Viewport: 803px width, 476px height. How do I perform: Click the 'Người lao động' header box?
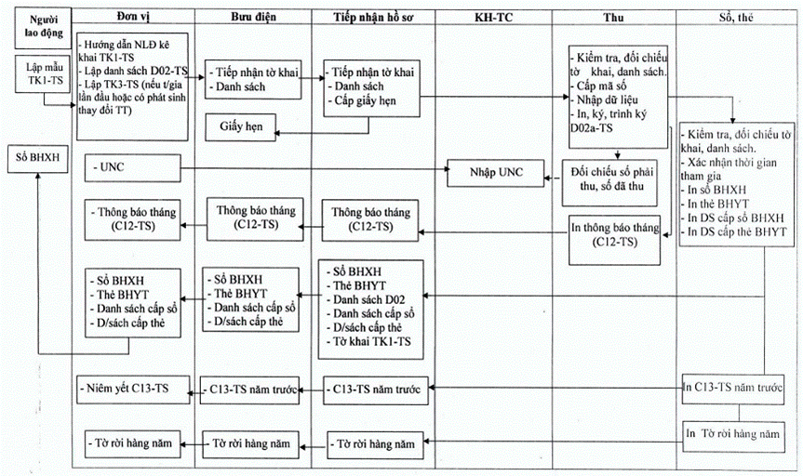tap(43, 28)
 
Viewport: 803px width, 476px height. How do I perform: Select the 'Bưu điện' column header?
tap(253, 17)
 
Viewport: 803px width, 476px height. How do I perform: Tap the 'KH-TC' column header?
tap(494, 17)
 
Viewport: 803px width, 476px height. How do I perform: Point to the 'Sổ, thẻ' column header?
tap(736, 17)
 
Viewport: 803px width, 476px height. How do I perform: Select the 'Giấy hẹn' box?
tap(241, 127)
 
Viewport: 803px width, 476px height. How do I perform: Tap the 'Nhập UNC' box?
tap(496, 173)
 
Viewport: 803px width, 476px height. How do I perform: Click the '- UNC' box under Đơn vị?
tap(133, 168)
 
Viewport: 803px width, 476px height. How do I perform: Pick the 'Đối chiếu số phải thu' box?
tap(610, 183)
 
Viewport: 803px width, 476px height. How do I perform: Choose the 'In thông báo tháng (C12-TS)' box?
tap(614, 240)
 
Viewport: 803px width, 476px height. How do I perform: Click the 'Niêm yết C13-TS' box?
tap(133, 389)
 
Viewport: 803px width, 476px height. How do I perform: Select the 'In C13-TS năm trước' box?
tap(733, 390)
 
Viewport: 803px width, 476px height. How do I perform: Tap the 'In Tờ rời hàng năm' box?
tap(733, 437)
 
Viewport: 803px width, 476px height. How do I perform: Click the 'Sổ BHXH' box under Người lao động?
tap(37, 158)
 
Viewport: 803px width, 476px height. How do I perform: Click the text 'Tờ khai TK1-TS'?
tap(368, 342)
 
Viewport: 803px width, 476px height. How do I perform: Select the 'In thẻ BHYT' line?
tap(715, 204)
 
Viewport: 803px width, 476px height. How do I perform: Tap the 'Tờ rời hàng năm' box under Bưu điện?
tap(250, 443)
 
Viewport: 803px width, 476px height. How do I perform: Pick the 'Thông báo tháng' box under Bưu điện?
tap(255, 219)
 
